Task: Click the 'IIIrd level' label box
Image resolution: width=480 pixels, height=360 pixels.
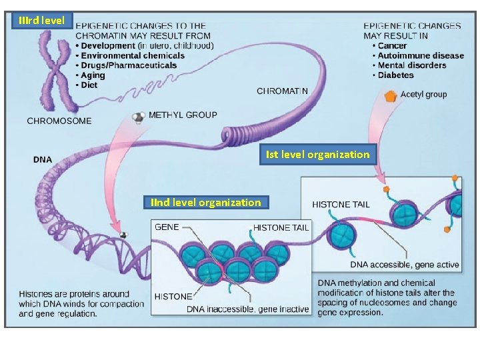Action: click(x=41, y=21)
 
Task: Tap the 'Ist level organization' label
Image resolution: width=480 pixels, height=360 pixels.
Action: click(x=317, y=155)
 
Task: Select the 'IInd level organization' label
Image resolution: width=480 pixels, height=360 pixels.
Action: click(x=205, y=202)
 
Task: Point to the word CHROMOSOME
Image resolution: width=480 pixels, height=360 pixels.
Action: click(x=59, y=121)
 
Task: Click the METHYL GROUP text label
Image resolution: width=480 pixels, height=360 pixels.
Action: click(x=183, y=115)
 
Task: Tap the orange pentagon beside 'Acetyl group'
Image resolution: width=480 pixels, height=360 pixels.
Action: click(x=390, y=95)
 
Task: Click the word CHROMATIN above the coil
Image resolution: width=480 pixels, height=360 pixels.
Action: click(x=283, y=91)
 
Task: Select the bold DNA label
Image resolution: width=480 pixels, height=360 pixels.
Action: click(x=43, y=159)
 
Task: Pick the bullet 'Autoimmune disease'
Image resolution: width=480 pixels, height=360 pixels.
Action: click(x=421, y=55)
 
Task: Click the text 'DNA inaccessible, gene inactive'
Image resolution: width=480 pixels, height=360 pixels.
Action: click(x=248, y=309)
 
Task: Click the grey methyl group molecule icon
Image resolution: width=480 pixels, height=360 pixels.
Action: click(x=138, y=117)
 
